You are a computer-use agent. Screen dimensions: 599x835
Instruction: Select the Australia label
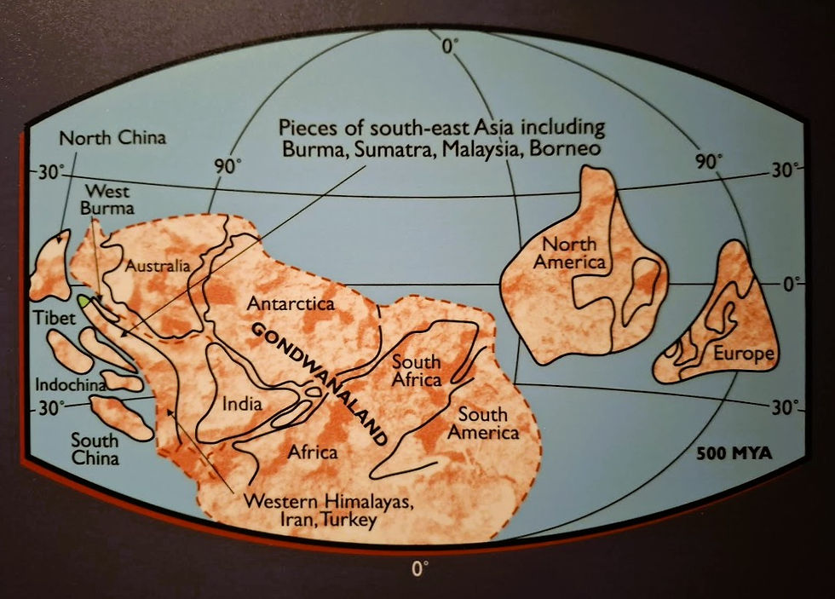click(x=158, y=266)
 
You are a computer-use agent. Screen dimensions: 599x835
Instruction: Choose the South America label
click(x=488, y=423)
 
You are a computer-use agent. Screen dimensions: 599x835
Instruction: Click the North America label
click(x=569, y=251)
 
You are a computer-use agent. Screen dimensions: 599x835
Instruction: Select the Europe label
click(x=745, y=354)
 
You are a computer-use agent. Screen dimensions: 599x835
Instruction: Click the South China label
click(x=95, y=449)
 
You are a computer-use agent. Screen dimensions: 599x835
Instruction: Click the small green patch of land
click(x=84, y=301)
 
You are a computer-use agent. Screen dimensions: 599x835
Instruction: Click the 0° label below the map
click(x=418, y=568)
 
